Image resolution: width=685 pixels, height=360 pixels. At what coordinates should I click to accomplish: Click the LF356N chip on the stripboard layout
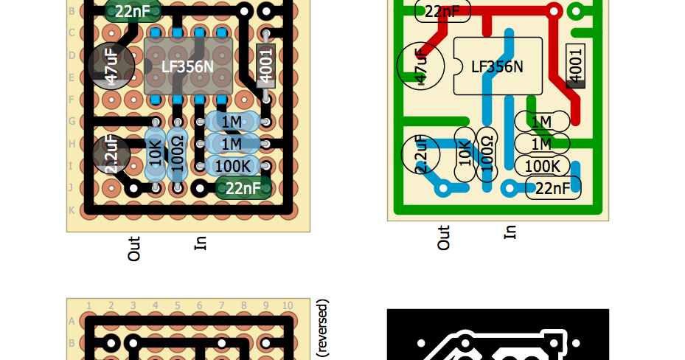(x=188, y=66)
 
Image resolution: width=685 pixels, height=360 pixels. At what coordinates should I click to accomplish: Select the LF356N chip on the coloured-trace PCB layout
(x=497, y=66)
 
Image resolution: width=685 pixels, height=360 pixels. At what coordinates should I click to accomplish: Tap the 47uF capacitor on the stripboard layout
(x=111, y=66)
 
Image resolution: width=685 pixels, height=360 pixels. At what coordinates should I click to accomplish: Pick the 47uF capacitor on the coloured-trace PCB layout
(x=421, y=66)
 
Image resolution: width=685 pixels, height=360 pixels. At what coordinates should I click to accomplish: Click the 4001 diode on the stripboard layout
(x=266, y=65)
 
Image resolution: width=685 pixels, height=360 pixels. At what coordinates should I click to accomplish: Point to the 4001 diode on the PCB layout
(x=576, y=65)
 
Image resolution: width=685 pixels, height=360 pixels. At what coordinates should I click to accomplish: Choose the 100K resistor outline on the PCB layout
(x=542, y=166)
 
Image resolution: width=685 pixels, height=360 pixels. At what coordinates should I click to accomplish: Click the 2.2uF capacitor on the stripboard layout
(x=111, y=154)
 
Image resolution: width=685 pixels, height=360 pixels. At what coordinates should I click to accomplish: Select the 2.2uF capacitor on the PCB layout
(x=421, y=154)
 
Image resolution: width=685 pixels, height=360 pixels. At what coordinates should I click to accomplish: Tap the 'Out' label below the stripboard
(x=133, y=249)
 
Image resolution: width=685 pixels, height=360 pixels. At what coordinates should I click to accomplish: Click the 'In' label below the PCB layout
(x=510, y=232)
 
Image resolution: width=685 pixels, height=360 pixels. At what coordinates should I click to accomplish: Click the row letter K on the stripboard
(x=72, y=210)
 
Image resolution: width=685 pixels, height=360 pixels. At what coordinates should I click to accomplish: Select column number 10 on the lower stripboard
(x=287, y=305)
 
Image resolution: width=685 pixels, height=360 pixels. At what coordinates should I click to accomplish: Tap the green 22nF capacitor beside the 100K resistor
(x=243, y=188)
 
